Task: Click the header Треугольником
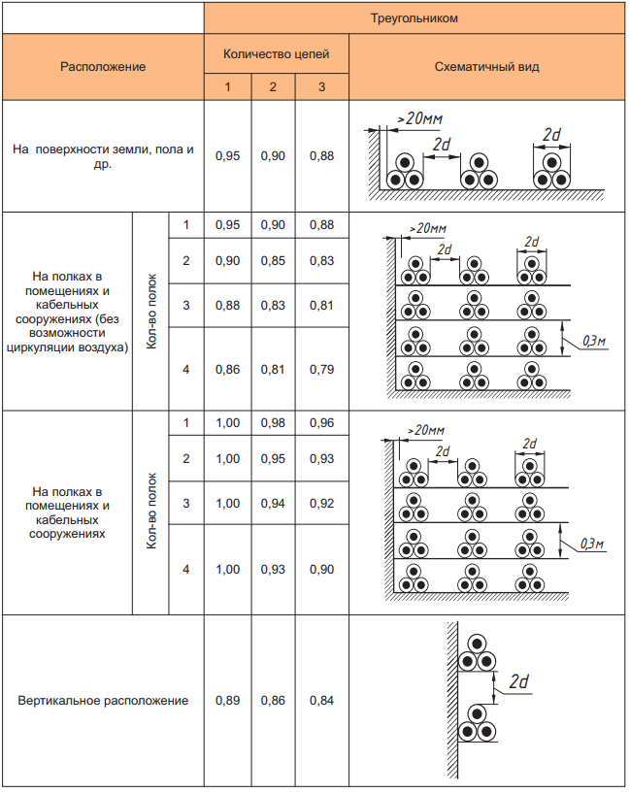414,18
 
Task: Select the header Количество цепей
277,54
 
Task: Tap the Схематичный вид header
487,67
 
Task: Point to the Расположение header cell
103,67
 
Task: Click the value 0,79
321,369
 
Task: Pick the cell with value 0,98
273,424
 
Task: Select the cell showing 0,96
321,424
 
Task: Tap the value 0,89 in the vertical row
227,700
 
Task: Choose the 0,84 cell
321,700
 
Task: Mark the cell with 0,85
273,260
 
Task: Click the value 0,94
273,503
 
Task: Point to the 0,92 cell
321,503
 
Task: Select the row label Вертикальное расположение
103,700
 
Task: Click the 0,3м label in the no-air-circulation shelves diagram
593,341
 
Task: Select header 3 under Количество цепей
321,88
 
